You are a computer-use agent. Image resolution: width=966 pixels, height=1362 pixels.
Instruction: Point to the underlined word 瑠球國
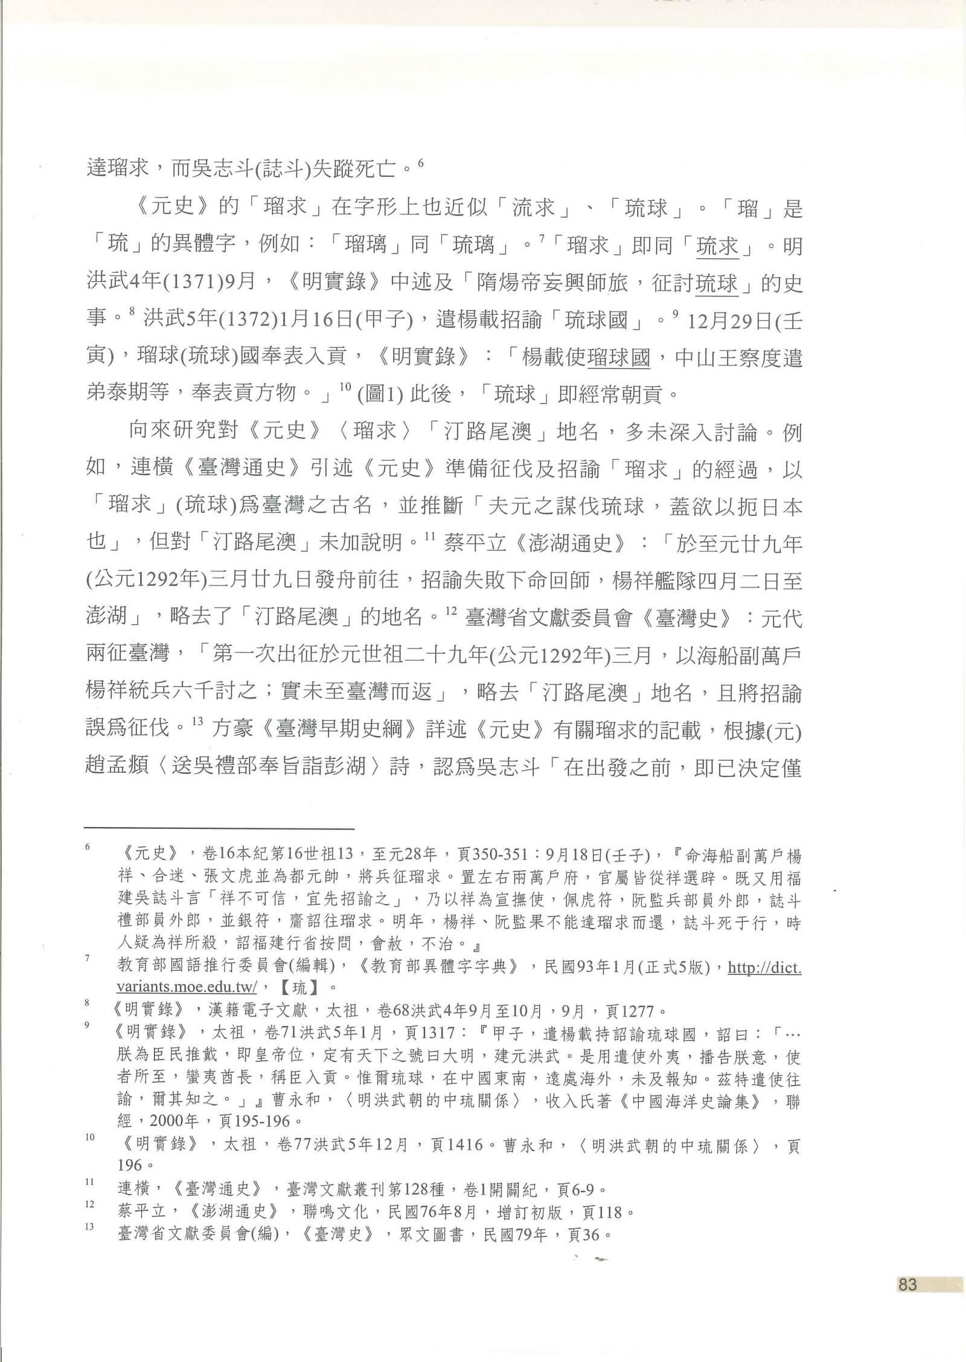click(618, 357)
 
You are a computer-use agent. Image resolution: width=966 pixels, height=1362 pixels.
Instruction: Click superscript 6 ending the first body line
click(421, 162)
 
